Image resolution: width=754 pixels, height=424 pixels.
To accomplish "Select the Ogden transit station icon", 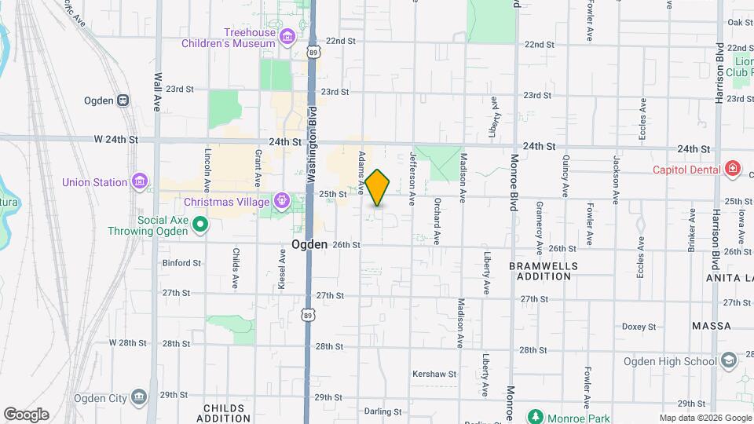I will (123, 101).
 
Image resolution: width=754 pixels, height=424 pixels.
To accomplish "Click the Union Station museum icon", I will (140, 182).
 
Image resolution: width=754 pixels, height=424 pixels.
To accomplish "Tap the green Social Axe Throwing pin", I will (200, 225).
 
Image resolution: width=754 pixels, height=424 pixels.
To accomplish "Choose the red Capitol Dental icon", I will (732, 169).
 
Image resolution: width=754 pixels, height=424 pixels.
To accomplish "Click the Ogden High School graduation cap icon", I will (728, 361).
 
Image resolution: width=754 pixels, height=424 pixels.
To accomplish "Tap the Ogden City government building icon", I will (140, 397).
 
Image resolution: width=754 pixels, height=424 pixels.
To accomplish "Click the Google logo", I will (26, 414).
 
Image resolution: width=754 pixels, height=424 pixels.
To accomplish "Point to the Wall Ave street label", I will (158, 92).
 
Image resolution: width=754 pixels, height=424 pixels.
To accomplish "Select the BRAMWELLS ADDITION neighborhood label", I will (544, 272).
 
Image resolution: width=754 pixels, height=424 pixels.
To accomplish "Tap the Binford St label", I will (181, 263).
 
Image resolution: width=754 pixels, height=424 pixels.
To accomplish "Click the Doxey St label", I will (639, 327).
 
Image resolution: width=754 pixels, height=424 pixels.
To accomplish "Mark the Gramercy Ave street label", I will (539, 227).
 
